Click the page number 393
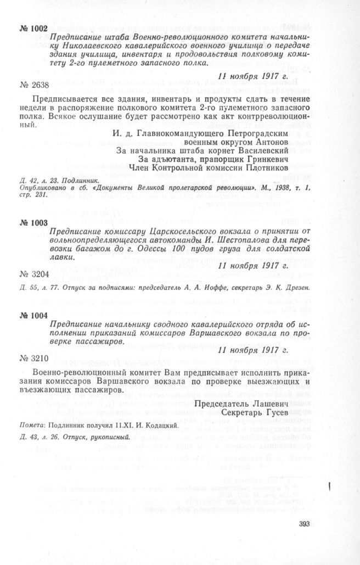pos(305,523)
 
